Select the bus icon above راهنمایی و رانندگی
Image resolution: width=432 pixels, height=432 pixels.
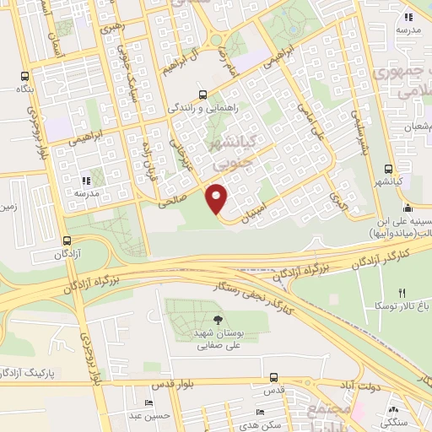click(x=202, y=94)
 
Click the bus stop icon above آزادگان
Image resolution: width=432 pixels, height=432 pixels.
click(x=66, y=240)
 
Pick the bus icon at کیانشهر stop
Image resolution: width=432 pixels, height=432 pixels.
click(x=388, y=169)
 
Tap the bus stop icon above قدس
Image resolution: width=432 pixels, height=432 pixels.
click(x=273, y=378)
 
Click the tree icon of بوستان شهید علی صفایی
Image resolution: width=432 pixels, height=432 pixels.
click(x=219, y=320)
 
